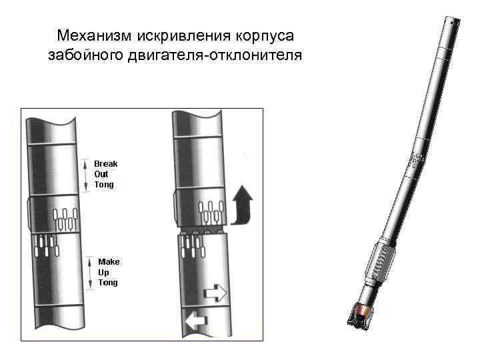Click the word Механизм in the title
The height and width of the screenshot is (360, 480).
[95, 35]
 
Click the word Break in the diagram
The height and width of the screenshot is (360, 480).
[105, 163]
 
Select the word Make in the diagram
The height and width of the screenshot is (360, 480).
[108, 262]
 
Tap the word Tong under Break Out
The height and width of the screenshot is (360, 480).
[104, 185]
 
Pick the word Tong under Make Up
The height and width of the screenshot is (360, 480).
[107, 283]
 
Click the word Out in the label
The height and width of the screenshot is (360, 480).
[101, 174]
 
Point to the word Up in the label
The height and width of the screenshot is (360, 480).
[103, 273]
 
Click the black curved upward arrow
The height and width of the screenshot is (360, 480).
[243, 204]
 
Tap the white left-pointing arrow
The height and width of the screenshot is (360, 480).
[197, 321]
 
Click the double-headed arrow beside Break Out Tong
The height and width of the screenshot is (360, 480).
[86, 175]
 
